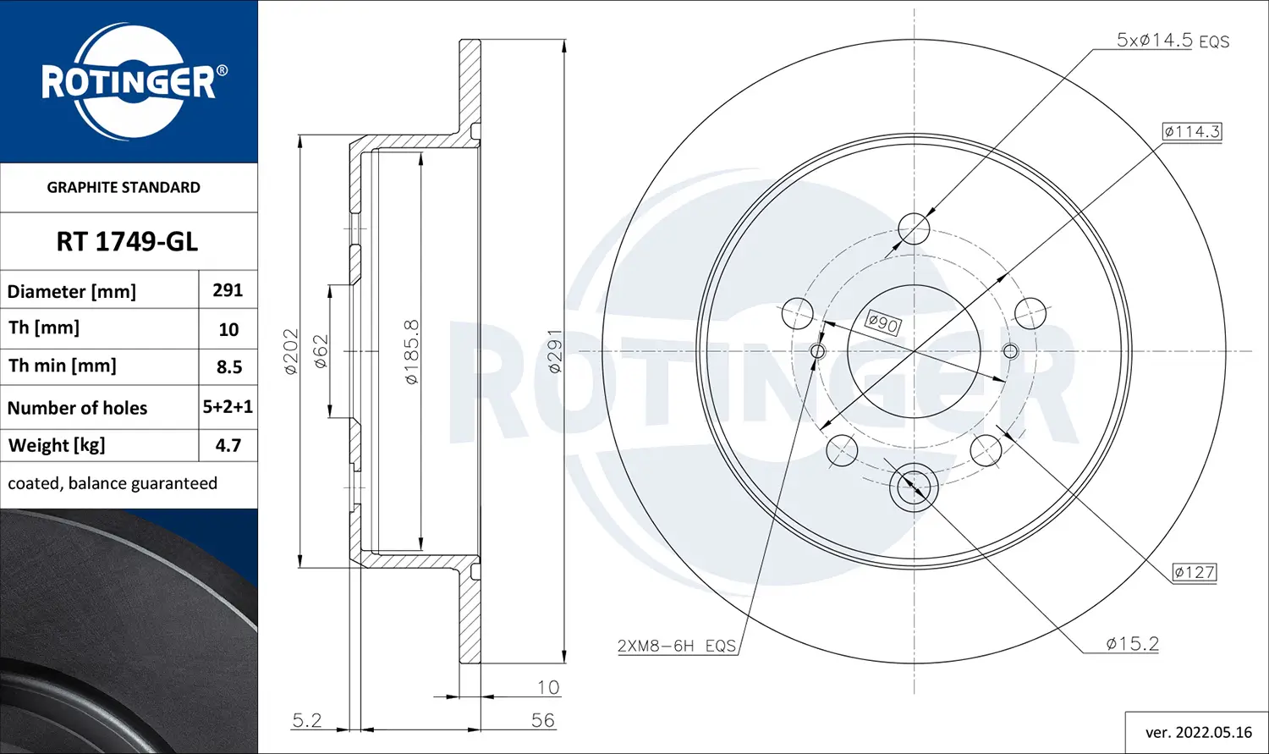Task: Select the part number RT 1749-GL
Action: [x=127, y=242]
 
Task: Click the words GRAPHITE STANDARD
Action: [x=124, y=188]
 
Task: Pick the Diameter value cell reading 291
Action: [x=228, y=290]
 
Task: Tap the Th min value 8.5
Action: [x=229, y=367]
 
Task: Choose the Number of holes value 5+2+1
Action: [x=228, y=407]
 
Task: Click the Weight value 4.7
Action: [x=228, y=445]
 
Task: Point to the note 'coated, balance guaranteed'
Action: [x=113, y=483]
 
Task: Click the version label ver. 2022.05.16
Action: [x=1199, y=733]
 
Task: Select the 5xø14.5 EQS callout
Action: [x=1173, y=41]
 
